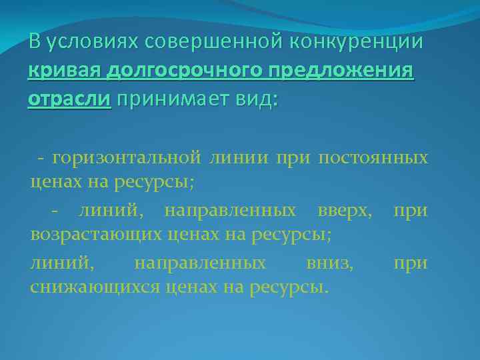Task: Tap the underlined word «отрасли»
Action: pyautogui.click(x=70, y=99)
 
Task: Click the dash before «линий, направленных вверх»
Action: pyautogui.click(x=56, y=211)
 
